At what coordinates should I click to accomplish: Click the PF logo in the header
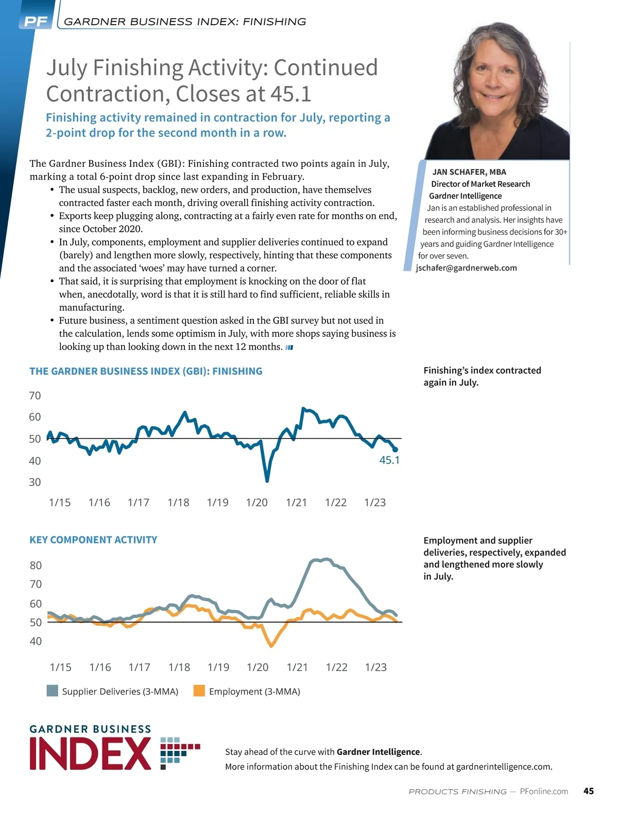click(x=36, y=22)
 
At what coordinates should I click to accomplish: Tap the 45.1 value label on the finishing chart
click(x=389, y=460)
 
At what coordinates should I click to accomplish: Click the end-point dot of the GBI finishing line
click(x=395, y=450)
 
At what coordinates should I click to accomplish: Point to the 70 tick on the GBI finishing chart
click(x=35, y=396)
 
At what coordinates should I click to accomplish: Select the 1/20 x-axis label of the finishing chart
click(x=256, y=503)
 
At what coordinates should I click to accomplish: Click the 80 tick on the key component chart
click(x=36, y=565)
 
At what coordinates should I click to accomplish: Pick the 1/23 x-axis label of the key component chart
click(x=375, y=667)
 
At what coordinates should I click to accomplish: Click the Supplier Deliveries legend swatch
click(x=52, y=691)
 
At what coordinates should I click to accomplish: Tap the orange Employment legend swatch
click(x=199, y=691)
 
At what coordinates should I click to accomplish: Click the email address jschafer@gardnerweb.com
click(x=466, y=268)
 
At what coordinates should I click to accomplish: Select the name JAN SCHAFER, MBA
click(x=469, y=172)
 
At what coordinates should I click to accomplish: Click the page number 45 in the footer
click(x=589, y=791)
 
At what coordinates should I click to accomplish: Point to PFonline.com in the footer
click(x=544, y=791)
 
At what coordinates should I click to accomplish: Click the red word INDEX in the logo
click(x=91, y=754)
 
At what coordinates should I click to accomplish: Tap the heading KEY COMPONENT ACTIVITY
click(x=93, y=540)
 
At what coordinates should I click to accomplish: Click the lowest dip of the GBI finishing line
click(x=267, y=480)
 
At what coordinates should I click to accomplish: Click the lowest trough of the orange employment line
click(x=271, y=646)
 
